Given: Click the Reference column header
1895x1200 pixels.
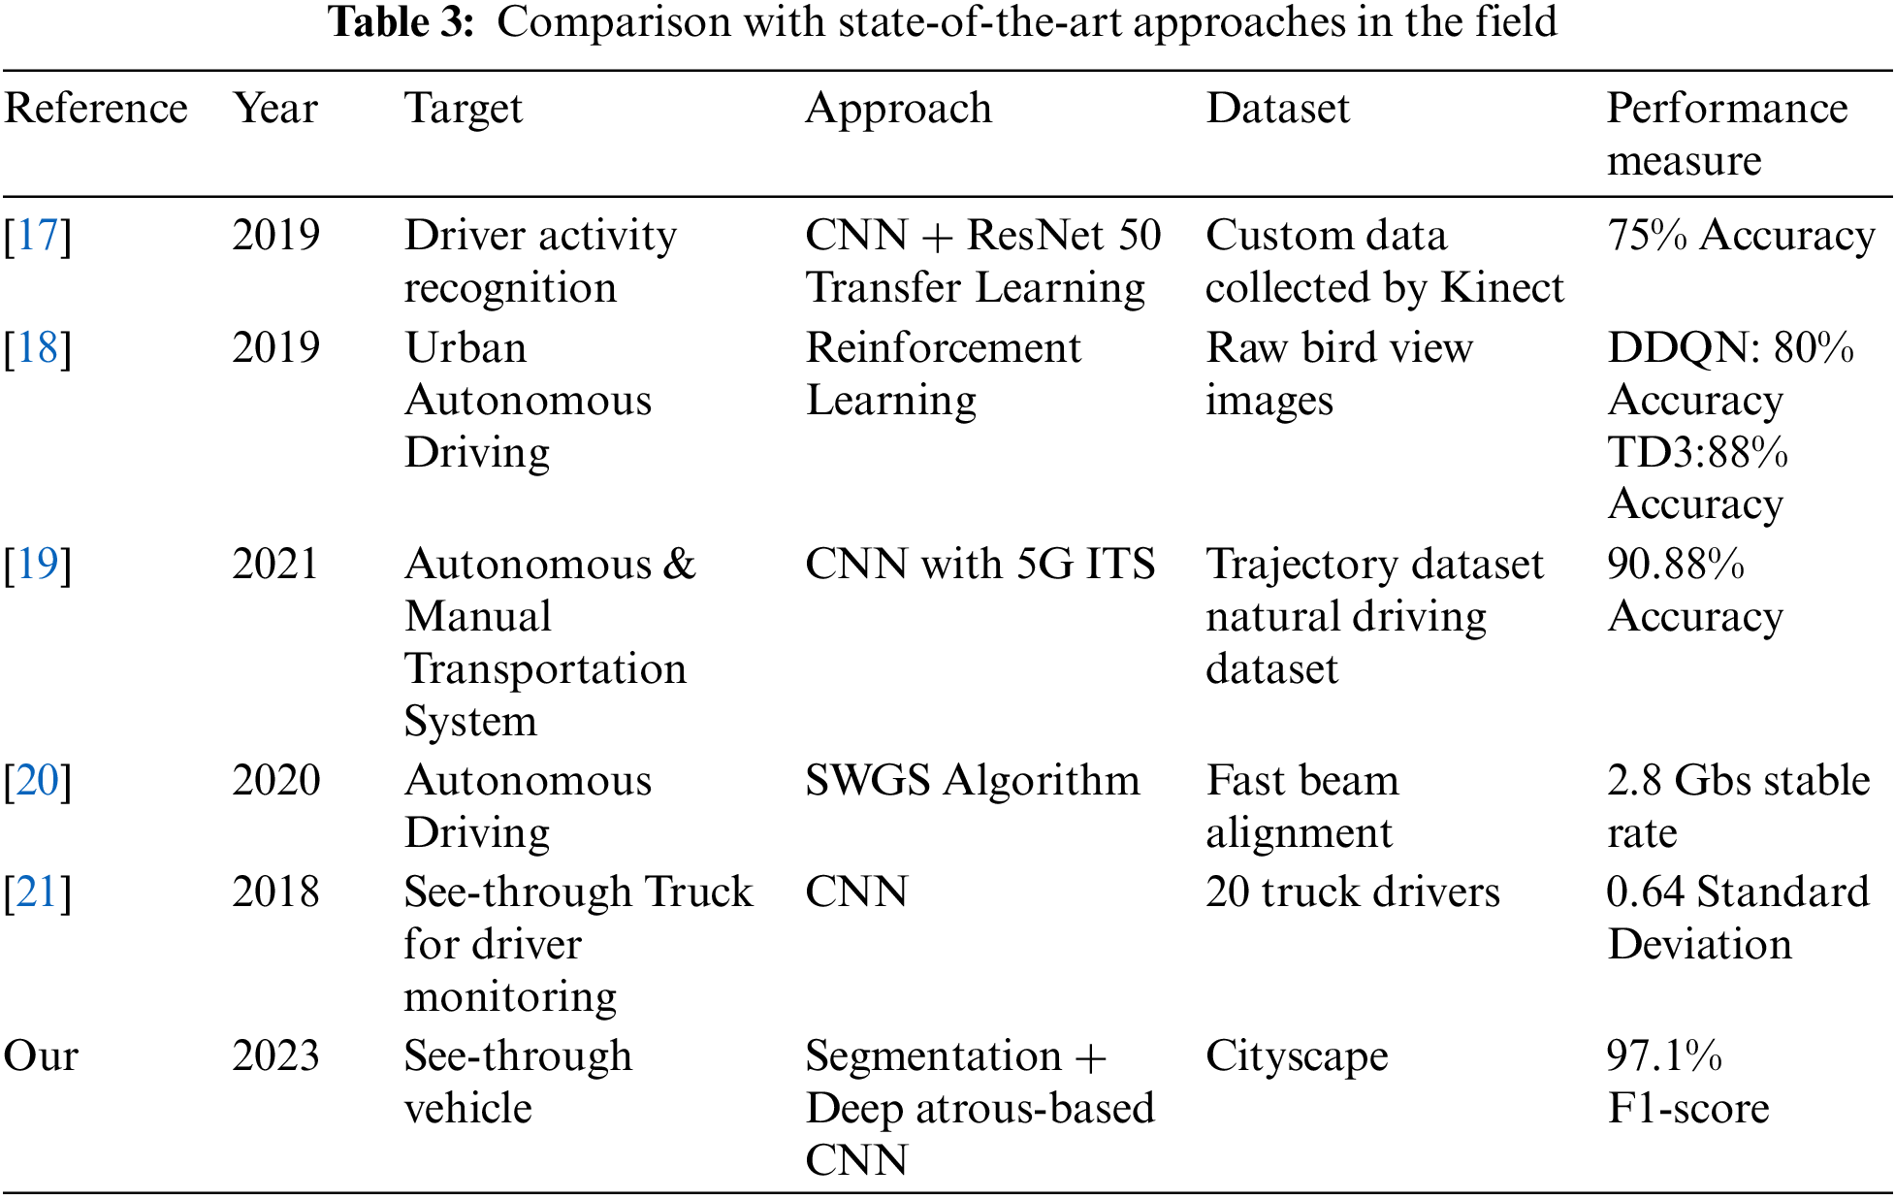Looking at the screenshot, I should click(x=95, y=109).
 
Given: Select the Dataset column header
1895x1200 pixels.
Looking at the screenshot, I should click(x=1277, y=109).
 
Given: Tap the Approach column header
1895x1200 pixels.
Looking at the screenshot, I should click(x=898, y=109).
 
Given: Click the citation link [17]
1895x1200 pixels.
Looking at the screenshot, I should click(x=38, y=236).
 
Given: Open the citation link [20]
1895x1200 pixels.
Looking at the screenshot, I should click(x=38, y=781).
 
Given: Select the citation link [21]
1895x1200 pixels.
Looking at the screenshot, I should click(x=38, y=892).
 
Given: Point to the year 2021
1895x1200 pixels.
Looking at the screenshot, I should click(x=275, y=565).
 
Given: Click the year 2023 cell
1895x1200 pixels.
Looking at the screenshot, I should click(x=275, y=1056).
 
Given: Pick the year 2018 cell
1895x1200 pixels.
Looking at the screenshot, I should click(x=275, y=892).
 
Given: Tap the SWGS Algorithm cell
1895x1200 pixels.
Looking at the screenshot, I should click(x=972, y=781).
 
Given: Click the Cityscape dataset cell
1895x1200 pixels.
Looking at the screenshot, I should click(x=1297, y=1056).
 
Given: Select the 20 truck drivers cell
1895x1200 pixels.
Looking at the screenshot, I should click(x=1352, y=892).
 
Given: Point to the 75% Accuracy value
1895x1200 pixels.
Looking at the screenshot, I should click(x=1741, y=236).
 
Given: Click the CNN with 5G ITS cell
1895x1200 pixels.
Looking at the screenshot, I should click(x=980, y=565).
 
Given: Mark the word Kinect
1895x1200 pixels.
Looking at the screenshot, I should click(x=1502, y=288).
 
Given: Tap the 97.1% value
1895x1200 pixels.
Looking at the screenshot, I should click(x=1664, y=1056).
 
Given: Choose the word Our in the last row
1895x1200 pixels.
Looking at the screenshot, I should click(x=41, y=1056).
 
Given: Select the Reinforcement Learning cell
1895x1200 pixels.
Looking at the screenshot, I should click(x=943, y=373).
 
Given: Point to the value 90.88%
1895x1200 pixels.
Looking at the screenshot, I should click(x=1676, y=565).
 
